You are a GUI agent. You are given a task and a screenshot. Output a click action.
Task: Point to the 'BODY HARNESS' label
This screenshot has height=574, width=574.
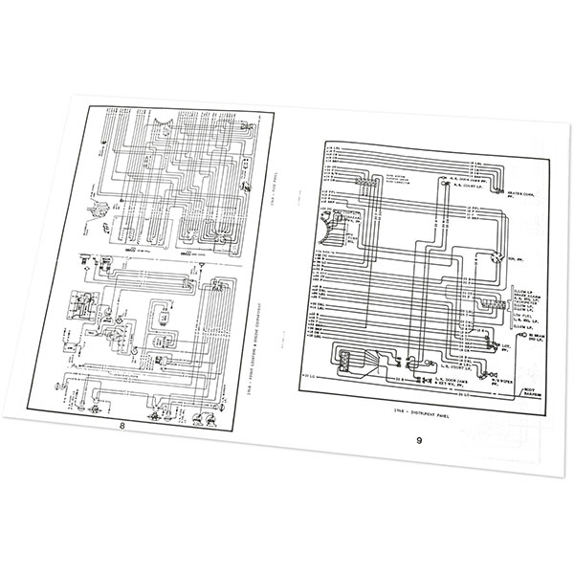(530, 391)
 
